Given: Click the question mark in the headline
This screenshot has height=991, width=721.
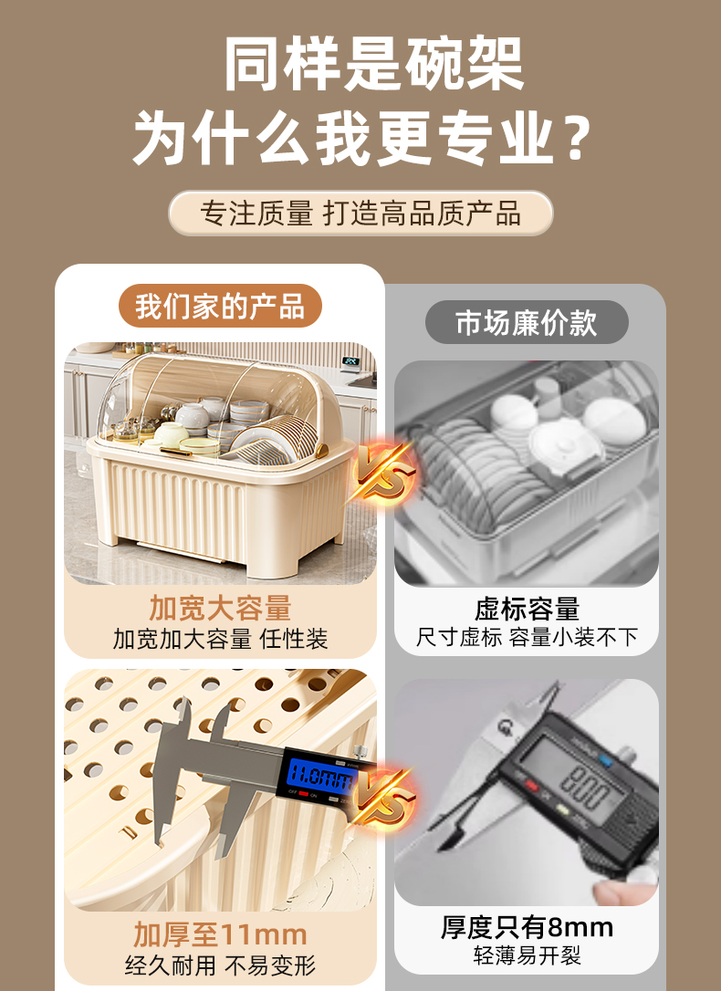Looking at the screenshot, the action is click(x=576, y=136).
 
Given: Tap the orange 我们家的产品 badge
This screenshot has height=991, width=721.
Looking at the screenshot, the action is click(x=220, y=307).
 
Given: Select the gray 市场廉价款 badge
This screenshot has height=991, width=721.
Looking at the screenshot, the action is click(x=527, y=322).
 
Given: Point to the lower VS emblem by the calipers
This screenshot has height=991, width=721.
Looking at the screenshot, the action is click(x=381, y=798).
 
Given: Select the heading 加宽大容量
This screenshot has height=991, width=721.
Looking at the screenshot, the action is click(x=220, y=608).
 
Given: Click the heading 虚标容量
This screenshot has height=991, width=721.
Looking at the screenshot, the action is click(x=527, y=610).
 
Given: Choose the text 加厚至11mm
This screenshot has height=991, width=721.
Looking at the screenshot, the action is click(x=220, y=934).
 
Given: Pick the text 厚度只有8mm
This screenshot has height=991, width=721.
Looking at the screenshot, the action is click(x=527, y=928).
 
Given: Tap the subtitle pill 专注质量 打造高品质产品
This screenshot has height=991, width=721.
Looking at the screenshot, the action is click(x=360, y=213).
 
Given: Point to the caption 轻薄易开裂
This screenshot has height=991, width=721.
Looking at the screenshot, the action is click(x=527, y=955).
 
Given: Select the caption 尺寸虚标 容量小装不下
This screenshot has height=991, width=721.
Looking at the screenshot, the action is click(x=527, y=637).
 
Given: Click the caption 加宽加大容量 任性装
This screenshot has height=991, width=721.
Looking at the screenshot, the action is click(x=220, y=639).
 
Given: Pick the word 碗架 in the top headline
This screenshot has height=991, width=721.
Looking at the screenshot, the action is click(x=465, y=63).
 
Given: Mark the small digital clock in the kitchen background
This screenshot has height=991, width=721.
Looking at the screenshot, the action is click(x=350, y=360).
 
